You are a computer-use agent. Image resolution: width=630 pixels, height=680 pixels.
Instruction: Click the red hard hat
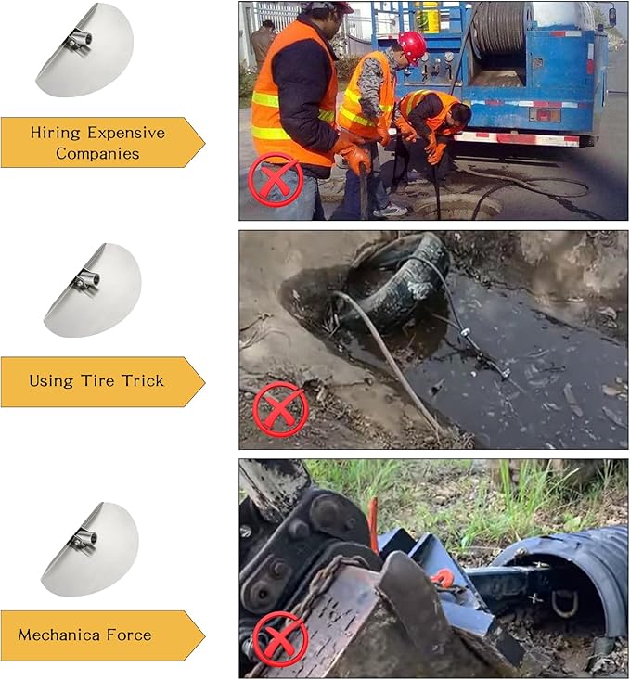(x=412, y=45)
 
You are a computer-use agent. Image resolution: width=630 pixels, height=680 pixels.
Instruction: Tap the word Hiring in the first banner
(x=55, y=134)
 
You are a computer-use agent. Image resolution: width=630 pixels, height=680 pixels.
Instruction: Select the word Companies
(x=97, y=153)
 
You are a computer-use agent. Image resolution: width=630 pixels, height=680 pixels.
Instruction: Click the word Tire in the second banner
(x=98, y=380)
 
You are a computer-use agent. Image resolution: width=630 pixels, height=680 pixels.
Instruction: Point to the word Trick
(x=143, y=380)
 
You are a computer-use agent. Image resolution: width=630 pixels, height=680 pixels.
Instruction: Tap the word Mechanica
(x=59, y=635)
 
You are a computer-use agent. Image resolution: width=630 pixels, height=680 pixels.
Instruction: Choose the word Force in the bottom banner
(x=129, y=635)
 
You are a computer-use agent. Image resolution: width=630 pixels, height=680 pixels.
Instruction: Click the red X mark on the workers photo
(x=275, y=179)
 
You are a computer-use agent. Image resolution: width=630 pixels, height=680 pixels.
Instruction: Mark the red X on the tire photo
(x=280, y=409)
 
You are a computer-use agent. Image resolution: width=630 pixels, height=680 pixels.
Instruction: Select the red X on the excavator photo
(x=280, y=639)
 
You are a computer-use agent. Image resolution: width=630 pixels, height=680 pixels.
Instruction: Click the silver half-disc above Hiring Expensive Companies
(x=84, y=49)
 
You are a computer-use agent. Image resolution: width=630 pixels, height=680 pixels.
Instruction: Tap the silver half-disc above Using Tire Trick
(x=93, y=289)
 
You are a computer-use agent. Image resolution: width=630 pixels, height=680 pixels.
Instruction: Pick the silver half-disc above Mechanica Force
(x=90, y=548)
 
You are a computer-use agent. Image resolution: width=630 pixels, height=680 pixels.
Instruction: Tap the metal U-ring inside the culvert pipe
(x=564, y=603)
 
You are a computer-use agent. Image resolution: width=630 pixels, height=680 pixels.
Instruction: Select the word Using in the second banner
(x=51, y=381)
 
